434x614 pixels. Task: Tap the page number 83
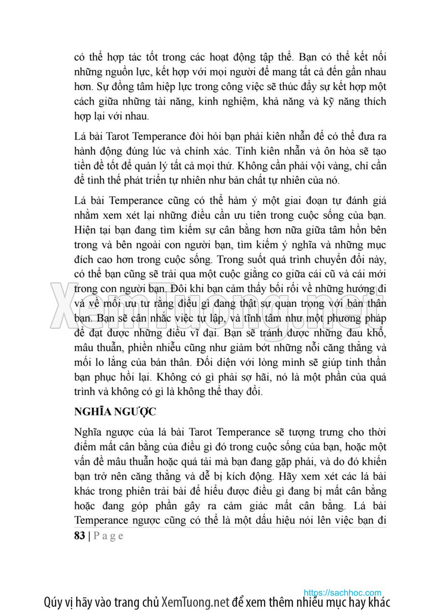click(80, 535)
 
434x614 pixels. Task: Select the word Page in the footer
click(108, 536)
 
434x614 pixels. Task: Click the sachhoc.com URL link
click(342, 592)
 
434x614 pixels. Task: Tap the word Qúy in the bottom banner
click(53, 602)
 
